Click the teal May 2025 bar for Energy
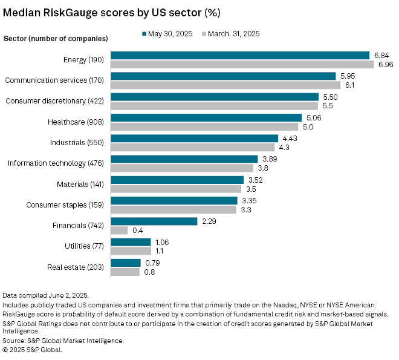point(240,55)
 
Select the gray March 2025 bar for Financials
point(119,231)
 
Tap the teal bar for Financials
point(154,221)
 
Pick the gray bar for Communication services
point(225,85)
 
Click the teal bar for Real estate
point(126,263)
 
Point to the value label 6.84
point(382,55)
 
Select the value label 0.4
point(137,231)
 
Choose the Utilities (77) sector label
point(85,246)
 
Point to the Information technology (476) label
point(57,163)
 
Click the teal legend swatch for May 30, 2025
point(145,34)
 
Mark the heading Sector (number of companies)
point(56,39)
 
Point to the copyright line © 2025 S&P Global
point(33,349)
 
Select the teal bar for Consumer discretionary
point(215,97)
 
